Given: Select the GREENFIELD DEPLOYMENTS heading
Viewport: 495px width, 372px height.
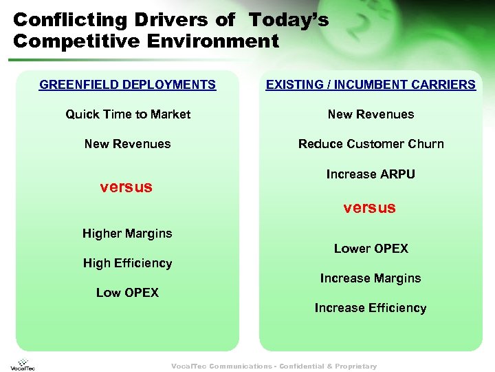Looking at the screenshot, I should click(x=127, y=85).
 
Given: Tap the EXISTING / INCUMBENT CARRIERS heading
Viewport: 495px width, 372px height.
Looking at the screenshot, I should click(x=371, y=85).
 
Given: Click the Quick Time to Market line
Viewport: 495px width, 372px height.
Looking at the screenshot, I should click(x=128, y=114).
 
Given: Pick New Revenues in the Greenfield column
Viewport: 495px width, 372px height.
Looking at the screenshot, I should click(x=127, y=144).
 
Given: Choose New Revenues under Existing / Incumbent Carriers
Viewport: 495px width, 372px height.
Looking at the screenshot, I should click(x=371, y=114).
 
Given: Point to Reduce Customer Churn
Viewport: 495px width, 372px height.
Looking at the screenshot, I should click(x=371, y=144).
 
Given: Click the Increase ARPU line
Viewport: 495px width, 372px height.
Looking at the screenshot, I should click(x=371, y=174).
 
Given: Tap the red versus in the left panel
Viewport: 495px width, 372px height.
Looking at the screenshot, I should click(x=126, y=187).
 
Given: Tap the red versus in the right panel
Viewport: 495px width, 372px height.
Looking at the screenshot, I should click(x=369, y=207).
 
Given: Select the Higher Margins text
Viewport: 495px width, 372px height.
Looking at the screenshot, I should click(x=127, y=234).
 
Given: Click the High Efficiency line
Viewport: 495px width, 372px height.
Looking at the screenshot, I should click(x=127, y=263).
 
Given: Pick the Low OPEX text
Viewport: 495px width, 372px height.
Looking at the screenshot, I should click(x=127, y=293).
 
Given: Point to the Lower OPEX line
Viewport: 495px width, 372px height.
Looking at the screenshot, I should click(x=371, y=249).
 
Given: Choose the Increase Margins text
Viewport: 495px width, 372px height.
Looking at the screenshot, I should click(x=370, y=278).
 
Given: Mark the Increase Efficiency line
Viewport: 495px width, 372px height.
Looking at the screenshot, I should click(x=370, y=308).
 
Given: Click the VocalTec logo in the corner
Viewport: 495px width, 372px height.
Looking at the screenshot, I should click(x=22, y=363).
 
